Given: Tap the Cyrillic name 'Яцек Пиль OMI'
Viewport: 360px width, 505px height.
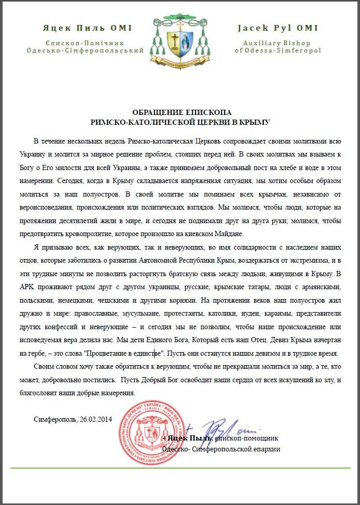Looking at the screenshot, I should pyautogui.click(x=87, y=28).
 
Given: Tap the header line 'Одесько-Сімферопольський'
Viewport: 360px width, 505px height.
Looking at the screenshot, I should pyautogui.click(x=85, y=50).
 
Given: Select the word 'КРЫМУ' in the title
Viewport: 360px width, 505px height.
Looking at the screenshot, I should pyautogui.click(x=255, y=122).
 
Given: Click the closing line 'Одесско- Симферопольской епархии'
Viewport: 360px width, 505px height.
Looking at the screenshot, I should pyautogui.click(x=221, y=448).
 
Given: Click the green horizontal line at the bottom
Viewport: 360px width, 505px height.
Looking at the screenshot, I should pyautogui.click(x=180, y=468).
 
